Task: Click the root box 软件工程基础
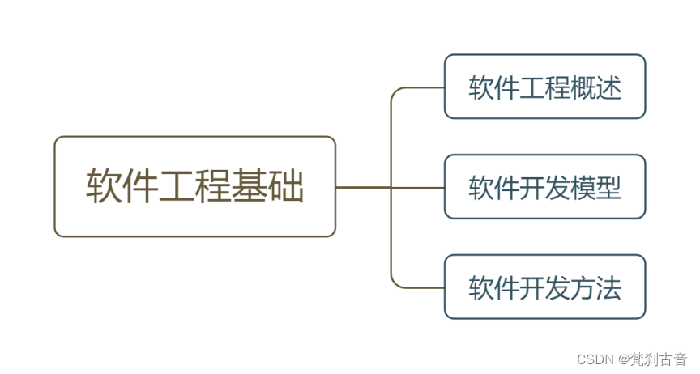point(194,186)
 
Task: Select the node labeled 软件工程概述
point(544,87)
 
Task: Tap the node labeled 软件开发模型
point(544,187)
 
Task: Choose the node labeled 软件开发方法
point(544,287)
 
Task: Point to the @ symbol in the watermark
point(624,359)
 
